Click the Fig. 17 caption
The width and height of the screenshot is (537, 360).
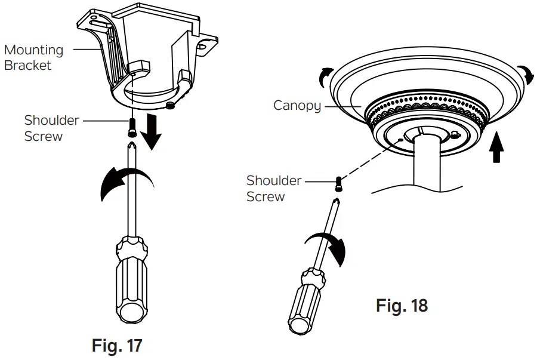[x=118, y=344]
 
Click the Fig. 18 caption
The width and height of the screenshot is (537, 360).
[x=402, y=306]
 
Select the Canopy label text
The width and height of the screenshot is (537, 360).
[x=297, y=106]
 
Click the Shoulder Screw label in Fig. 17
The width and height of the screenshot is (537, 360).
[x=51, y=128]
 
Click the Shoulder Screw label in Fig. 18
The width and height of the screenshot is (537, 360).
[x=273, y=188]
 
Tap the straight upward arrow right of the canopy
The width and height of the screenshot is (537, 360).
[x=496, y=149]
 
